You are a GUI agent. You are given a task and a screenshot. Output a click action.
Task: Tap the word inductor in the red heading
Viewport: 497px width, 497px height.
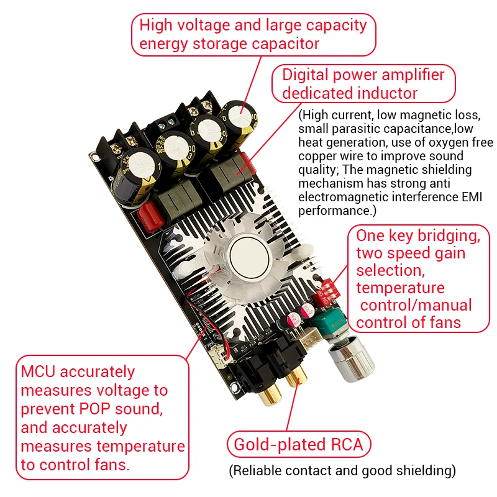tap(390, 93)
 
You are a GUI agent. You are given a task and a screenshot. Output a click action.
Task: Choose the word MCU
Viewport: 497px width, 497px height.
tap(39, 372)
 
